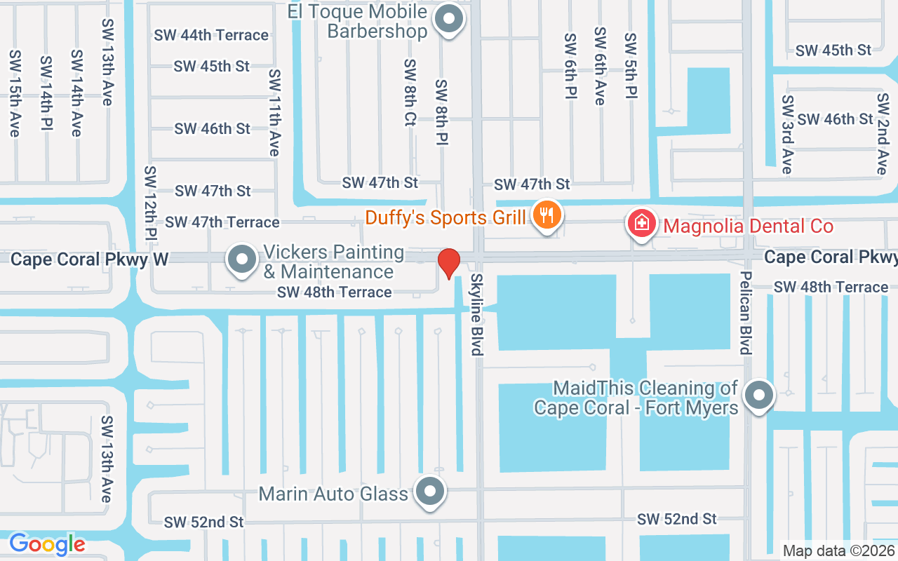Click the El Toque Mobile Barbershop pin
pos(448,19)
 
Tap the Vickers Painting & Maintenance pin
pos(242,259)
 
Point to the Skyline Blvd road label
pos(477,314)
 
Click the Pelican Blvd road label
pos(746,313)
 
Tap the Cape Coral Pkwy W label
pos(90,259)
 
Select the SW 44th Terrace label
pos(212,35)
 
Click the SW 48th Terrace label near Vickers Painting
pos(335,292)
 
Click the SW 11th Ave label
pos(274,112)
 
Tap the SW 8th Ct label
pos(410,92)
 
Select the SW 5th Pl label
pos(631,65)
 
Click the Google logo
pos(47,543)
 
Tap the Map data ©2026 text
pos(838,550)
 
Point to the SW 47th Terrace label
pos(222,222)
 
